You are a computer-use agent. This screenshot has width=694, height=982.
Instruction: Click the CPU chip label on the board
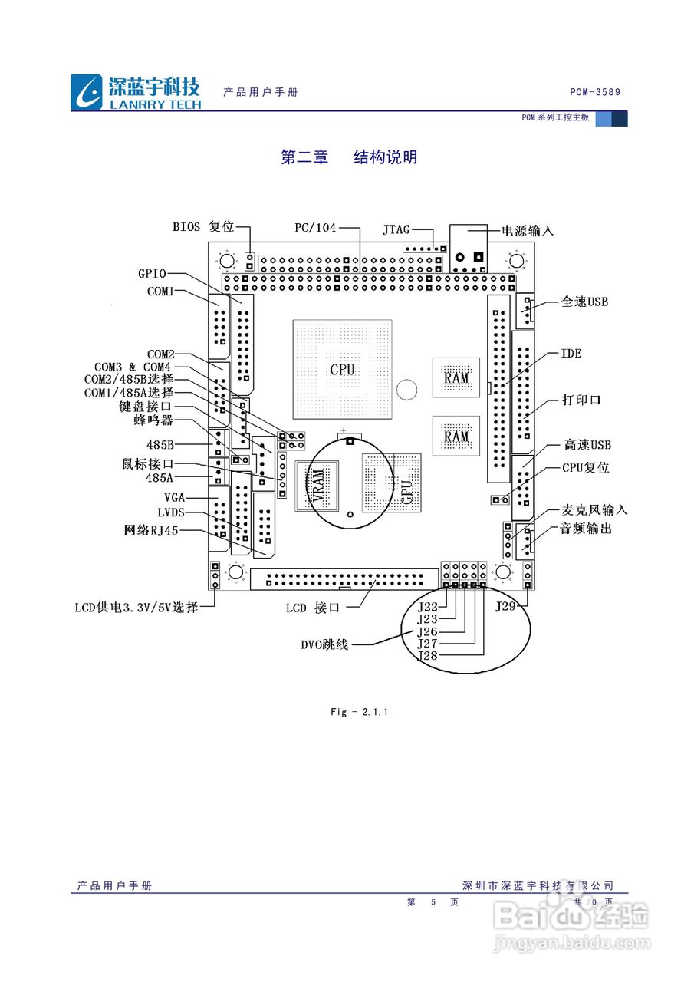[342, 369]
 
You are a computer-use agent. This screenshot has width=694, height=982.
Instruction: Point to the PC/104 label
[316, 228]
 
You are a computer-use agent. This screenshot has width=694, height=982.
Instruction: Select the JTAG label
[396, 229]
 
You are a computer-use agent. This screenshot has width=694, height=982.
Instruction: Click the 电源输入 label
[528, 230]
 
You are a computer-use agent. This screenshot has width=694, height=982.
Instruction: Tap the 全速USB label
[584, 302]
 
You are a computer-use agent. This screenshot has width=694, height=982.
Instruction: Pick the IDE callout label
[571, 354]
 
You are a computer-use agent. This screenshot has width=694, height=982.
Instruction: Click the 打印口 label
[581, 400]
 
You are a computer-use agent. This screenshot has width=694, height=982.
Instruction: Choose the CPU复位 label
[586, 467]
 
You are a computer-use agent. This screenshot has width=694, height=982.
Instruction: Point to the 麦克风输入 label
[594, 509]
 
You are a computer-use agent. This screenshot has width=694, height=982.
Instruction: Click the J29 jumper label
[505, 606]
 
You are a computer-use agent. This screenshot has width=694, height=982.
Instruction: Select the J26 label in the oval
[426, 631]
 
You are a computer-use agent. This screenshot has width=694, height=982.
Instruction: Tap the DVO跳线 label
[324, 644]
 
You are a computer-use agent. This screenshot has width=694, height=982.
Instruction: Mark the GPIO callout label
[152, 273]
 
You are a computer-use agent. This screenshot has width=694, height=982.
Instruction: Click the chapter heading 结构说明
[385, 157]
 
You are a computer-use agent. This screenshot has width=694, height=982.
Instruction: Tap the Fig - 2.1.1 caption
[360, 712]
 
